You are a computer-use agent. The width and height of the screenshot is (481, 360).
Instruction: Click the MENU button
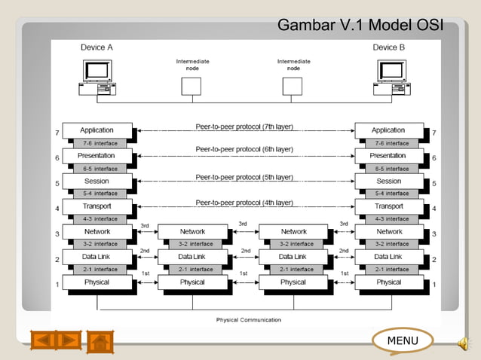pyautogui.click(x=402, y=341)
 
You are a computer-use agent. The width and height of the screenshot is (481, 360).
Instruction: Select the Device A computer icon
pyautogui.click(x=97, y=78)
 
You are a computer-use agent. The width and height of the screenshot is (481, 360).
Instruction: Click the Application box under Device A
pyautogui.click(x=97, y=130)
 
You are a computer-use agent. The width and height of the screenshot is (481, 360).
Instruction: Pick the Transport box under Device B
pyautogui.click(x=389, y=206)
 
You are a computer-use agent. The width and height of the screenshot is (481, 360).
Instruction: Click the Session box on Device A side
pyautogui.click(x=97, y=181)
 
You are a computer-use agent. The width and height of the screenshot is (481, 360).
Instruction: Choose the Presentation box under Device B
pyautogui.click(x=389, y=155)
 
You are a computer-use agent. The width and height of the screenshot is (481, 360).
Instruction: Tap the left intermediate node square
pyautogui.click(x=192, y=86)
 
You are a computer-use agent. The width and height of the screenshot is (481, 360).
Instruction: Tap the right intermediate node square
pyautogui.click(x=293, y=86)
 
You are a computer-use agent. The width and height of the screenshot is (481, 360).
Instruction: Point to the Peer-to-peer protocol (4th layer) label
pyautogui.click(x=244, y=202)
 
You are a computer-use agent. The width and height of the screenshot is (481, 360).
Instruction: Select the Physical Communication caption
pyautogui.click(x=249, y=320)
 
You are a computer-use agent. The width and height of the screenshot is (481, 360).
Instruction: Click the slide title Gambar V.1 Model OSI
pyautogui.click(x=359, y=26)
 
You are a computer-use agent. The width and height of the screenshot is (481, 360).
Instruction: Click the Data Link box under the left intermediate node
pyautogui.click(x=192, y=257)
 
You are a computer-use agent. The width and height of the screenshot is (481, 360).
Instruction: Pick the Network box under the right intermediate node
pyautogui.click(x=293, y=231)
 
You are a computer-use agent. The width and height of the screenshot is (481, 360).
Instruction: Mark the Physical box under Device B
pyautogui.click(x=389, y=282)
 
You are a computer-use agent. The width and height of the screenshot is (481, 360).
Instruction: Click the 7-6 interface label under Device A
pyautogui.click(x=100, y=143)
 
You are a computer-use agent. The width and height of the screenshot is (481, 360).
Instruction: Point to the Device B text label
pyautogui.click(x=389, y=47)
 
